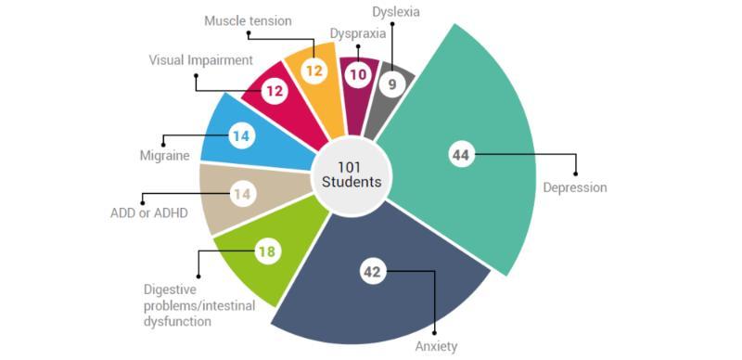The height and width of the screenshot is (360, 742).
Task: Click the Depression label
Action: tap(574, 187)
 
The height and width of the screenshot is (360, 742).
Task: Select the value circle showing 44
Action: tap(460, 155)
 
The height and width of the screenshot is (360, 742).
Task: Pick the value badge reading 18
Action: tap(267, 251)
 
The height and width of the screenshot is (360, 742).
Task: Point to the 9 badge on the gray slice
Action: tap(392, 84)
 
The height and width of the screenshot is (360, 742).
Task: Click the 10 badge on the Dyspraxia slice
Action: tap(354, 75)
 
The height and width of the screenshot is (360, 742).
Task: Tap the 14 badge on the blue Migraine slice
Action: tap(240, 136)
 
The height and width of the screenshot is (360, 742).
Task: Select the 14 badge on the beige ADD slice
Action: tap(240, 195)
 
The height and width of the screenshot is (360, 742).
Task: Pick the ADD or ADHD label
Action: tap(143, 214)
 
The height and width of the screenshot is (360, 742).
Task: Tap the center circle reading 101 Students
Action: tap(352, 174)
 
